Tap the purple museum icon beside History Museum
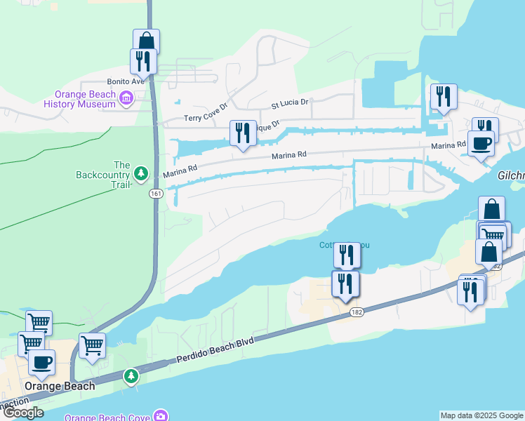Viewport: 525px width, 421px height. (127, 98)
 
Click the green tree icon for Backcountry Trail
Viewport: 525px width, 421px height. (141, 173)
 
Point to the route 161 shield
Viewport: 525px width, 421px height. (155, 194)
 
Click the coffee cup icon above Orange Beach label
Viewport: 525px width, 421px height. (41, 362)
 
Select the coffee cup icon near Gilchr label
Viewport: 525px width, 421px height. (481, 143)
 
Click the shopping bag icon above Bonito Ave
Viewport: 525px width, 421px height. (146, 41)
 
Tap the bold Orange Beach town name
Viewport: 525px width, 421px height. (55, 387)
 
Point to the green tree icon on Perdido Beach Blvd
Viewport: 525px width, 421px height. (131, 376)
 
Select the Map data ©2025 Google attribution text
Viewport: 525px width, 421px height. (481, 415)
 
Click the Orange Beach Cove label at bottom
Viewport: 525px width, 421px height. (107, 417)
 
